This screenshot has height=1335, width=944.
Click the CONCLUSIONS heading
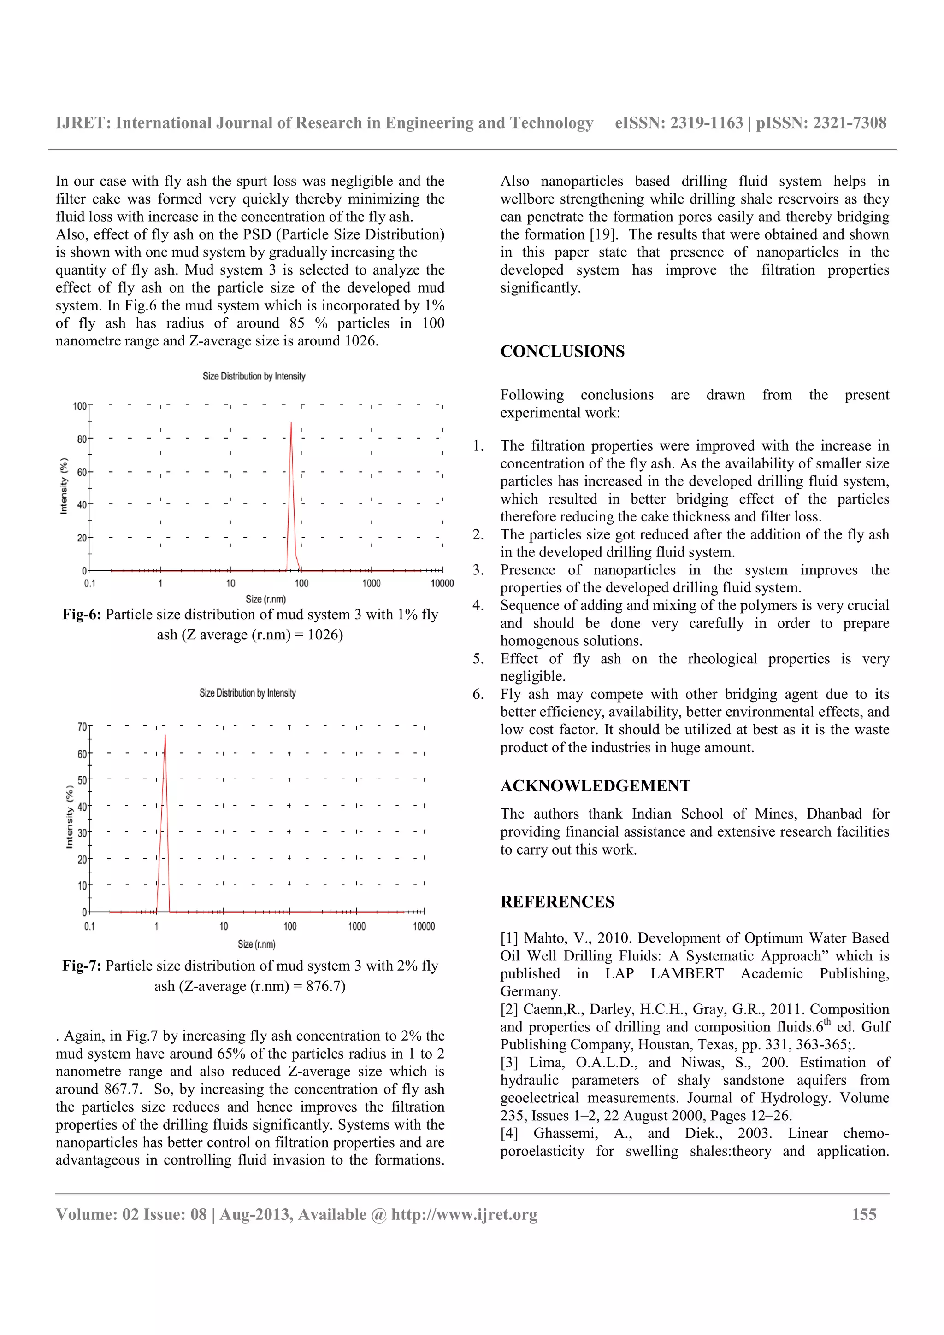tap(562, 351)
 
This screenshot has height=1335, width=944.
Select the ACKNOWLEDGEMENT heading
tap(595, 785)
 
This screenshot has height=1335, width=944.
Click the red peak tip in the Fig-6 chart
tap(291, 423)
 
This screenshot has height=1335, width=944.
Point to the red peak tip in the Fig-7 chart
tap(165, 736)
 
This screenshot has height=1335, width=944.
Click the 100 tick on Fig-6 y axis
tap(80, 406)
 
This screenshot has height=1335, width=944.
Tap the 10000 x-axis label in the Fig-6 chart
tap(442, 583)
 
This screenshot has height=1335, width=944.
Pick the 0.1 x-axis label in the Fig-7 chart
tap(89, 926)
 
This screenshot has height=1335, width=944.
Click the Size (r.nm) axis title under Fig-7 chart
tap(256, 944)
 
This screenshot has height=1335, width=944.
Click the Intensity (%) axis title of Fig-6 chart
tap(64, 486)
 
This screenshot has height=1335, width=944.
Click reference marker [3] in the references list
tap(509, 1062)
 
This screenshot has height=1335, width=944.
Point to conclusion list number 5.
tap(478, 659)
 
